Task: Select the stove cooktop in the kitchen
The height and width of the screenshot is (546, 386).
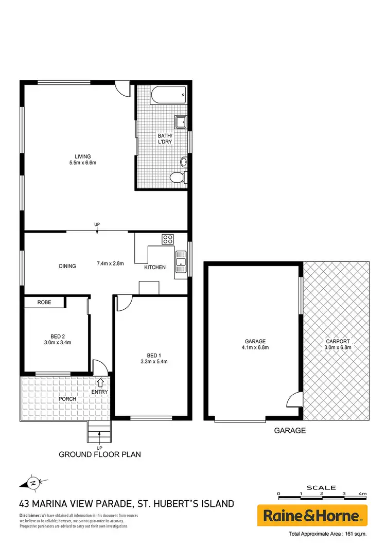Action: pyautogui.click(x=168, y=239)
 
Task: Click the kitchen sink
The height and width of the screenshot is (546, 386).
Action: pyautogui.click(x=181, y=260)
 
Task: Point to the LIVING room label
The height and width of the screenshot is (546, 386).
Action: pyautogui.click(x=82, y=156)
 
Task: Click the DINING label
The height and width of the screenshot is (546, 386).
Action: pyautogui.click(x=67, y=266)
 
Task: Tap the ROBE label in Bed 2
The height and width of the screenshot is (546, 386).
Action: pyautogui.click(x=44, y=303)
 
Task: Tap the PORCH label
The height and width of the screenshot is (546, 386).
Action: pyautogui.click(x=67, y=399)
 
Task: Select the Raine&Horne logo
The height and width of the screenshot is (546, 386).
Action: pyautogui.click(x=312, y=515)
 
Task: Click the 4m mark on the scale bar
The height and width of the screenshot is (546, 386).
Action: pyautogui.click(x=363, y=494)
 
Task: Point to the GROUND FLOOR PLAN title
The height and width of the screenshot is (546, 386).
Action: pyautogui.click(x=99, y=454)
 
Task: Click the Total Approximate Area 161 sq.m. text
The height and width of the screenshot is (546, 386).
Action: pyautogui.click(x=328, y=533)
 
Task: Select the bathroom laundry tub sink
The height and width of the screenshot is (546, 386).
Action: pyautogui.click(x=181, y=122)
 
